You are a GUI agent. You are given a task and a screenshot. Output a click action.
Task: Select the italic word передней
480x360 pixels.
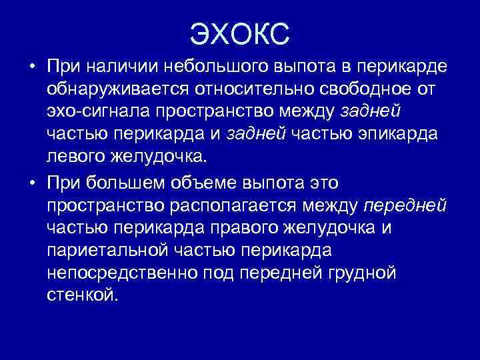[x=405, y=205]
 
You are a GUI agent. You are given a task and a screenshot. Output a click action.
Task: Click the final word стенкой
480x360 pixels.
[x=83, y=295]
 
